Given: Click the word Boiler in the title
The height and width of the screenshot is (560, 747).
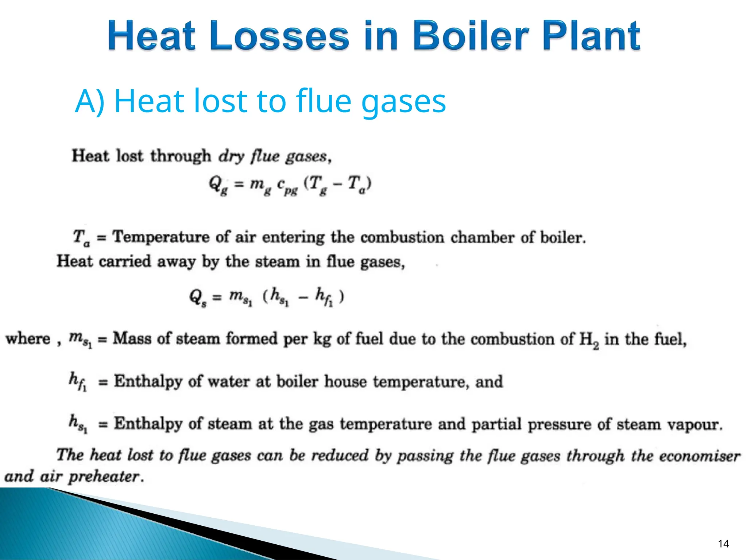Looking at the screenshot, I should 471,35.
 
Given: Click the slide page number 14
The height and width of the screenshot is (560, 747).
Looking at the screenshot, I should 723,544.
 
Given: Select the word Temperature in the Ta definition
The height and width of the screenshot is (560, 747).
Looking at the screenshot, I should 161,237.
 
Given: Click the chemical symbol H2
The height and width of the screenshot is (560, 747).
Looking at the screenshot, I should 589,340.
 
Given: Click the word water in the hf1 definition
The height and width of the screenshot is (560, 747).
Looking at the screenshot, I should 229,381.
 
